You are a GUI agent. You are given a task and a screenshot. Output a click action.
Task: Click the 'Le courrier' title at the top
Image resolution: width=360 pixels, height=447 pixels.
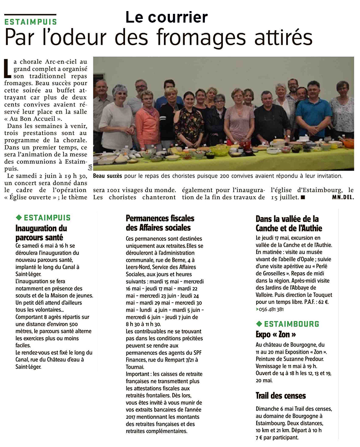[167, 17]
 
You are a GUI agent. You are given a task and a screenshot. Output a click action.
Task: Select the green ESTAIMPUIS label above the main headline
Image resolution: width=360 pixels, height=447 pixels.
[31, 22]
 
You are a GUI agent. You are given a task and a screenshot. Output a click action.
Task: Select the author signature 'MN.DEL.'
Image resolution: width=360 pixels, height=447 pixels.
[342, 197]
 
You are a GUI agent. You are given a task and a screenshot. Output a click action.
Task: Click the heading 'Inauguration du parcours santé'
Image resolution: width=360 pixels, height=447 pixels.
[41, 233]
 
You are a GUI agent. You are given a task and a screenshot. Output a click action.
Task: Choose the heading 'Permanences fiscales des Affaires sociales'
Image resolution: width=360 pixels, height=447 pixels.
[160, 223]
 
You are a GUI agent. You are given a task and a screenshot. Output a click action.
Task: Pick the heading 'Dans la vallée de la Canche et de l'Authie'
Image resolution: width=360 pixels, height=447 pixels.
[288, 223]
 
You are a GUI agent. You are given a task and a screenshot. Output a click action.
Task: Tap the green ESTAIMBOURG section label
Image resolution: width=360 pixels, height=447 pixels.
[291, 324]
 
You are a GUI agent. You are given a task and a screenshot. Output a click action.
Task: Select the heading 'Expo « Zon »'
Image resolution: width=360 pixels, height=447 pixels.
[276, 334]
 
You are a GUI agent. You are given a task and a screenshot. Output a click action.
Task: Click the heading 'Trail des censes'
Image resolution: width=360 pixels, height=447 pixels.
[281, 395]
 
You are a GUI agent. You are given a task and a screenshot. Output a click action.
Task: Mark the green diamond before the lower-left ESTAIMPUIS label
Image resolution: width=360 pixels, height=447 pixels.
[18, 217]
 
